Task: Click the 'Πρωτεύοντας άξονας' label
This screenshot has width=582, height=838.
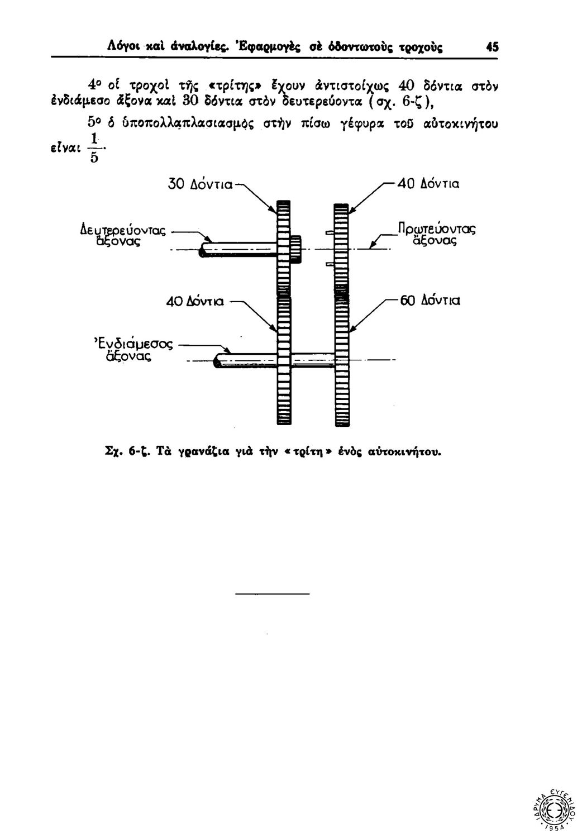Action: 435,235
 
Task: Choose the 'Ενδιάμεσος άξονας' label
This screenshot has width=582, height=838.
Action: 133,349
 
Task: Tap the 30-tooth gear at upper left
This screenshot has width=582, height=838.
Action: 284,246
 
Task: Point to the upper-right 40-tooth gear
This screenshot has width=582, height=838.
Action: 340,246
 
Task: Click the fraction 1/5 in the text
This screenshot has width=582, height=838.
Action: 95,148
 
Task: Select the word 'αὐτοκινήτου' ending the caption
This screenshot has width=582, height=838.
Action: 413,450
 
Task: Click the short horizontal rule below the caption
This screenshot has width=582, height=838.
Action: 271,593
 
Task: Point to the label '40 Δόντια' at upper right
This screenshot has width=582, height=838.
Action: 427,183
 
